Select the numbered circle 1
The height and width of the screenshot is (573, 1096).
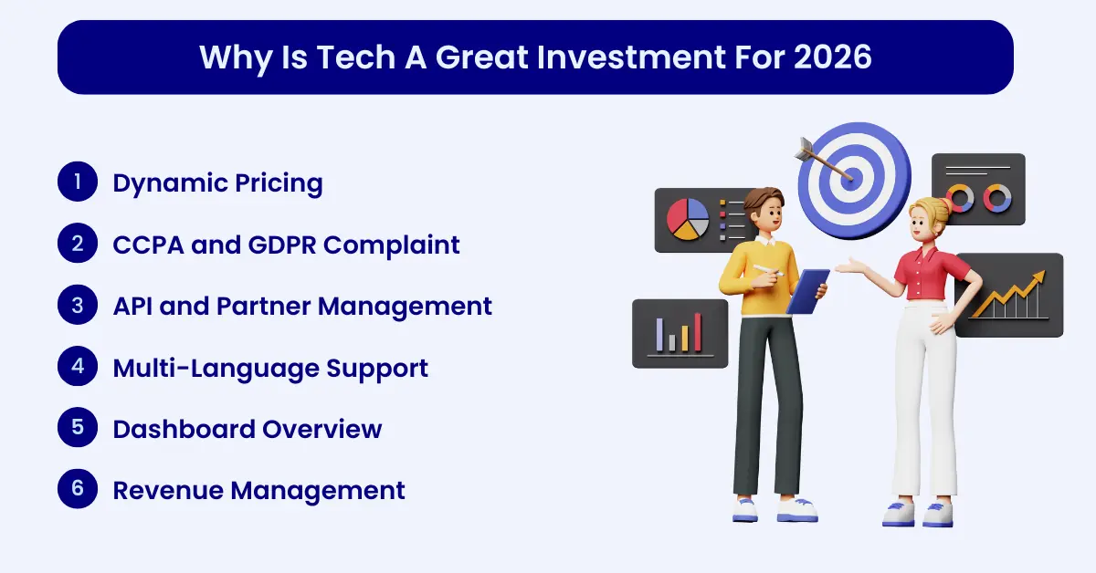tap(78, 182)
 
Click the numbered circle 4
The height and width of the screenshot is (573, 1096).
tap(78, 367)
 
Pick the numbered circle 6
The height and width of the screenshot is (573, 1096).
tap(78, 489)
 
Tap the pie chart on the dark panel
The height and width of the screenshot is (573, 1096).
tap(688, 219)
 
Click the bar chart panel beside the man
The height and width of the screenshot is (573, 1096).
tap(679, 334)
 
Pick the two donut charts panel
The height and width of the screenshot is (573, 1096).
tap(977, 190)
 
